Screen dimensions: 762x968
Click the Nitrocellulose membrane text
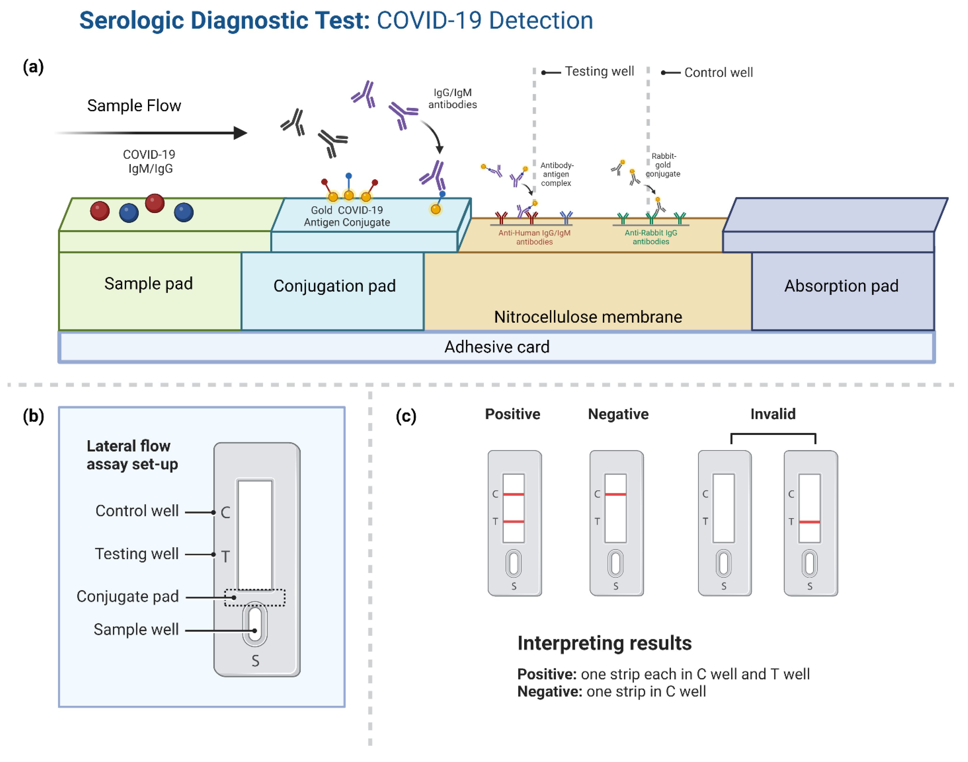pos(588,317)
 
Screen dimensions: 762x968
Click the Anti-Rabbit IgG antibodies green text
pos(651,237)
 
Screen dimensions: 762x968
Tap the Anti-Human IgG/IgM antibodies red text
pos(534,237)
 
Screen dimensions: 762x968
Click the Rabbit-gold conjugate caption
pos(663,165)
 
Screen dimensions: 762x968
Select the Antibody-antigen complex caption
pos(556,174)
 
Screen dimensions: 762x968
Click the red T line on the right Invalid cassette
pos(809,522)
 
